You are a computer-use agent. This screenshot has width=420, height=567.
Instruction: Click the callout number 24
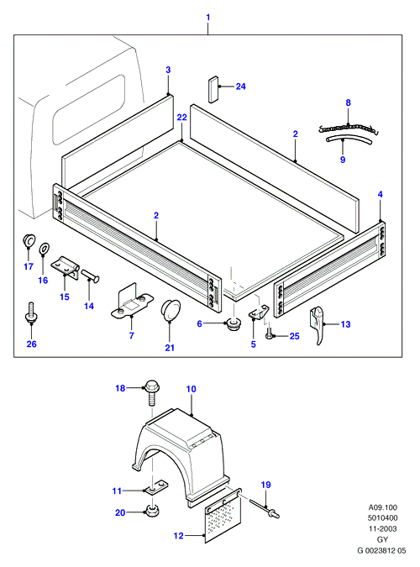(x=240, y=87)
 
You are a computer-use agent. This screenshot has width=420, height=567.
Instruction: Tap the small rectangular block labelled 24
(x=213, y=90)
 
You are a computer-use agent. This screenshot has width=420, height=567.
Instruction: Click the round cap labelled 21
(x=170, y=310)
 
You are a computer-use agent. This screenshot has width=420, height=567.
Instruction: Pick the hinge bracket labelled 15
(x=66, y=267)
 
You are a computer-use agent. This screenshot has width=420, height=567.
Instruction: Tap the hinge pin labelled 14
(x=91, y=276)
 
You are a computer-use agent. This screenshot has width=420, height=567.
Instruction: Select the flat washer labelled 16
(x=45, y=249)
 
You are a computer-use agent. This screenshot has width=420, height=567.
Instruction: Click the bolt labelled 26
(x=31, y=312)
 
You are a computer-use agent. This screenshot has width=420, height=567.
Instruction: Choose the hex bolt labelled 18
(x=152, y=393)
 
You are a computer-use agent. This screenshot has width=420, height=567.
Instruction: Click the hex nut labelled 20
(x=152, y=511)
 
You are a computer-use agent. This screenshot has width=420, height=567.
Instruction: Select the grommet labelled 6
(x=234, y=323)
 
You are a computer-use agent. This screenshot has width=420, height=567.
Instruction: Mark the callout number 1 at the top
(x=208, y=17)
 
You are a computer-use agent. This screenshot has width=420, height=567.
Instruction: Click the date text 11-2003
(x=382, y=528)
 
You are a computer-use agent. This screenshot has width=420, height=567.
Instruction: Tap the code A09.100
(x=382, y=507)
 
